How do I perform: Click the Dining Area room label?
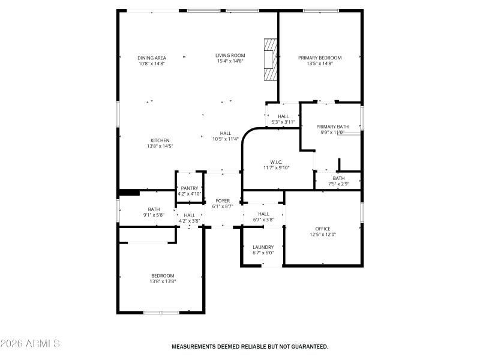point(151,58)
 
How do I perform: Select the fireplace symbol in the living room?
point(271,59)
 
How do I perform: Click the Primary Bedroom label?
point(320,58)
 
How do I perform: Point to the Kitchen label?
point(160,140)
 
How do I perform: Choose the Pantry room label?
point(189,188)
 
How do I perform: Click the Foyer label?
point(222,201)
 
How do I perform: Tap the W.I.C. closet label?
point(276,162)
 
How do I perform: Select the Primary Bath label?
point(332,127)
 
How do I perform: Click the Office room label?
point(323,229)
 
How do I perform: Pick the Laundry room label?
point(263,247)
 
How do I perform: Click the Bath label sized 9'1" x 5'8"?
point(154,209)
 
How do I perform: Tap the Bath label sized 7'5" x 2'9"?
point(339,178)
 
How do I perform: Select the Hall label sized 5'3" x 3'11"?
point(283,116)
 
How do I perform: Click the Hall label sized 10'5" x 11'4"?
point(226,133)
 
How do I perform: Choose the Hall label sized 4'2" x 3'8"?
point(189,215)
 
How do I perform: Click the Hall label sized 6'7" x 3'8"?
point(263,214)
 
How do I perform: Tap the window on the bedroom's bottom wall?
point(161,312)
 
